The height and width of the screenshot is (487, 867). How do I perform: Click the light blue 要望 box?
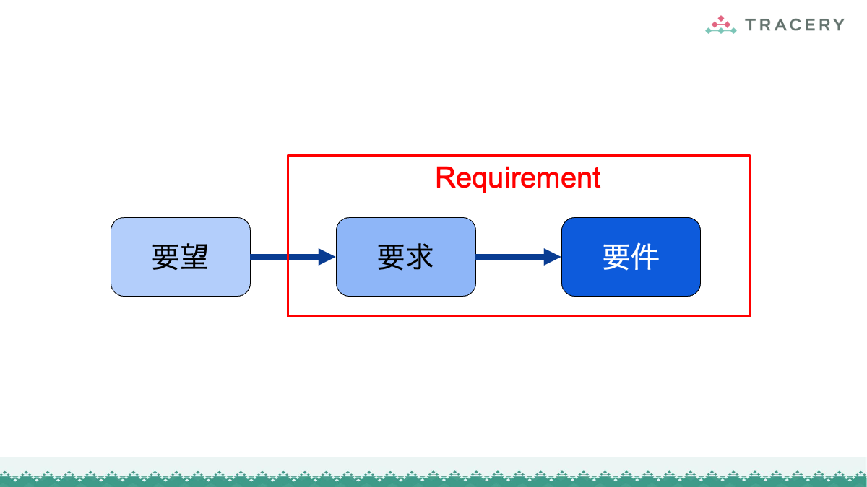tap(181, 257)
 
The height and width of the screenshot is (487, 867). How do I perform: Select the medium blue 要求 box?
tap(405, 257)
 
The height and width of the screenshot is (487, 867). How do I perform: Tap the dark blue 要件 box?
tap(631, 257)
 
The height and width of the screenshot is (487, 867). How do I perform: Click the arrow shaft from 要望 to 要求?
tap(285, 257)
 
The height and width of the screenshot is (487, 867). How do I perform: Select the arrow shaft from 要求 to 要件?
tap(510, 257)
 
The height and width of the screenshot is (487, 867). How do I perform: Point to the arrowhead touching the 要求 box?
tap(327, 257)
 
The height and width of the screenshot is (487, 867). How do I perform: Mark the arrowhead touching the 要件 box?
tap(552, 257)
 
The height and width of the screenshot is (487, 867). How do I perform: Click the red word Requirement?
tap(518, 178)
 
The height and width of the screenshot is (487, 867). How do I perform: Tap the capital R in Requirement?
tap(445, 177)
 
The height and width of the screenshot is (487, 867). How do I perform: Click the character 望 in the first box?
tap(194, 257)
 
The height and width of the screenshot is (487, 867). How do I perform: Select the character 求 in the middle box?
tap(420, 257)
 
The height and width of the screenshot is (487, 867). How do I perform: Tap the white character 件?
tap(645, 257)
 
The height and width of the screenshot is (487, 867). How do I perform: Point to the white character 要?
tap(616, 257)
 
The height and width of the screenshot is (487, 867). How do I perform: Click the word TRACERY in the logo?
tap(795, 25)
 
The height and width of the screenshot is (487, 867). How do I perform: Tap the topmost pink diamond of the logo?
tap(721, 18)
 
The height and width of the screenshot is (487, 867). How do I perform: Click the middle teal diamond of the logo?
tap(721, 31)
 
